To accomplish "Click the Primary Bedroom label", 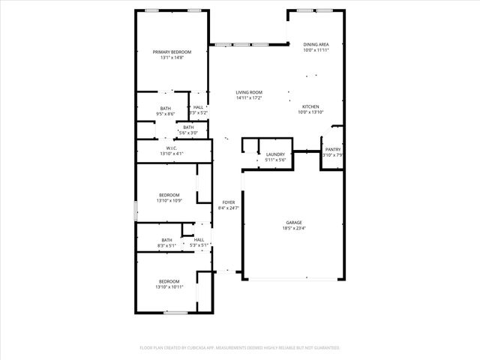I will [x=172, y=52].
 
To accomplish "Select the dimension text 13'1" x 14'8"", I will [x=172, y=58].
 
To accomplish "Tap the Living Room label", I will [x=248, y=92].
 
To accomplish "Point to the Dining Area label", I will [x=316, y=44].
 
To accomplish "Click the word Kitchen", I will [x=310, y=106].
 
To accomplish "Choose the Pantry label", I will [x=332, y=149].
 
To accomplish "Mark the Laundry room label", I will [x=275, y=154].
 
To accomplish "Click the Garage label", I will [x=293, y=223].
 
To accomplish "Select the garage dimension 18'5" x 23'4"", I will [x=293, y=229].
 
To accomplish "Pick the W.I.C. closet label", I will [x=172, y=148].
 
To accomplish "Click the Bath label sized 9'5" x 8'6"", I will [x=165, y=108].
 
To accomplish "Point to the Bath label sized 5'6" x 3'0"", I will [x=188, y=127].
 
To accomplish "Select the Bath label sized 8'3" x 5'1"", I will [x=166, y=240].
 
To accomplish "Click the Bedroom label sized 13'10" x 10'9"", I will [x=169, y=195].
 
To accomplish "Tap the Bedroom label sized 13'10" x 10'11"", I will [x=169, y=281].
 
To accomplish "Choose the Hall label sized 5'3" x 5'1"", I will [x=199, y=240].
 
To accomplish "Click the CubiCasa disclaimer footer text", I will [x=240, y=348].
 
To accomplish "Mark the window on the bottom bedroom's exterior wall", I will [x=176, y=312].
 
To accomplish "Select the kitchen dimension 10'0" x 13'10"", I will [x=310, y=112].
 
